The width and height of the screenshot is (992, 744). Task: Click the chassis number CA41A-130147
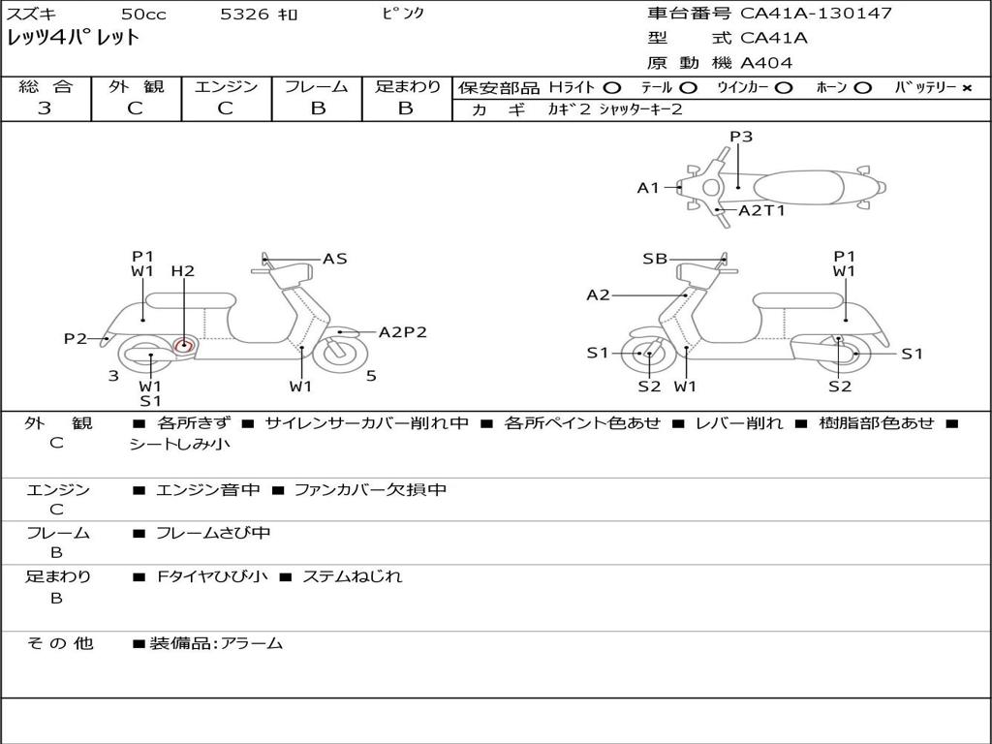pyautogui.click(x=816, y=14)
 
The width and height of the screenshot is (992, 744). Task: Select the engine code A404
pyautogui.click(x=766, y=63)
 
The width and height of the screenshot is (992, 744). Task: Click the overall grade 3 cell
pyautogui.click(x=45, y=108)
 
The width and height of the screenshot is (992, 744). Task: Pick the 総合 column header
pyautogui.click(x=46, y=86)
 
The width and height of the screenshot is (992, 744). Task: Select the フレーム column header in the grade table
pyautogui.click(x=317, y=86)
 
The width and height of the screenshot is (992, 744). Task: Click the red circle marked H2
pyautogui.click(x=184, y=346)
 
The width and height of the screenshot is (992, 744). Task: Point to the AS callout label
pyautogui.click(x=334, y=259)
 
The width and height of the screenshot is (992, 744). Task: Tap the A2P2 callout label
pyautogui.click(x=402, y=332)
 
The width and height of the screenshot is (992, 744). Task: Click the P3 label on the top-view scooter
pyautogui.click(x=741, y=137)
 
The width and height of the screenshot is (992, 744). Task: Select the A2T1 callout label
pyautogui.click(x=761, y=210)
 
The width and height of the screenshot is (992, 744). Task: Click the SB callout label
pyautogui.click(x=655, y=259)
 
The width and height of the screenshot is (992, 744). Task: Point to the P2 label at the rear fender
pyautogui.click(x=76, y=338)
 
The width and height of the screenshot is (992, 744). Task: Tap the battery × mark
pyautogui.click(x=966, y=87)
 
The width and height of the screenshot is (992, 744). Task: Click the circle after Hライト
pyautogui.click(x=611, y=87)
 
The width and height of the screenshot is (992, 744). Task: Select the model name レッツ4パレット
pyautogui.click(x=74, y=39)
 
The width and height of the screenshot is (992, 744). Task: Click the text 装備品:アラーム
pyautogui.click(x=215, y=643)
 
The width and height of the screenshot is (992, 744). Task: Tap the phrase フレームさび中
pyautogui.click(x=213, y=534)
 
